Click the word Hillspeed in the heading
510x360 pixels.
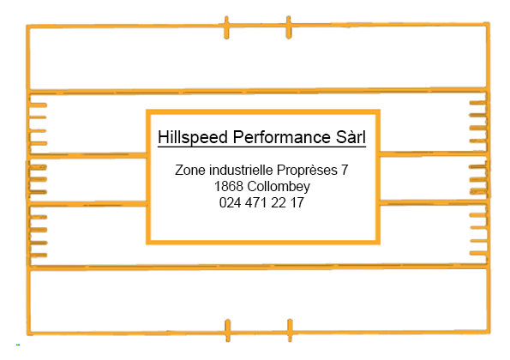193,137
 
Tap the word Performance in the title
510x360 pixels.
281,137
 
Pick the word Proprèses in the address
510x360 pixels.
307,171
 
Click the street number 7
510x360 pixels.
345,170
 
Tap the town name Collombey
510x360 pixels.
279,187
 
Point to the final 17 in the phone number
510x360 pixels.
297,202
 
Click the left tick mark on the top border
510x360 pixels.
226,27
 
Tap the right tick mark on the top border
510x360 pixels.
289,27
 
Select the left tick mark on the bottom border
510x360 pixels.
228,330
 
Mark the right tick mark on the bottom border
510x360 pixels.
290,330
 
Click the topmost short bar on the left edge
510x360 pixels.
39,105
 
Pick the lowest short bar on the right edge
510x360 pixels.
479,254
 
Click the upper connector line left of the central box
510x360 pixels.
87,155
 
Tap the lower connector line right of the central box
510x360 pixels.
433,202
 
